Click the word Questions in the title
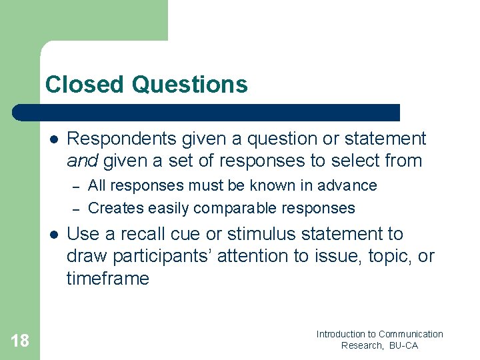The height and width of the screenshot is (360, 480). click(190, 85)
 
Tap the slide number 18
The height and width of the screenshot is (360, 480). click(20, 341)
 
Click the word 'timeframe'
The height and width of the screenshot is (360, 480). click(107, 279)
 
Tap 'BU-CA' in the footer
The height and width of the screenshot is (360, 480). click(404, 345)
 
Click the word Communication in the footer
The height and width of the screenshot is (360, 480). click(411, 334)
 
